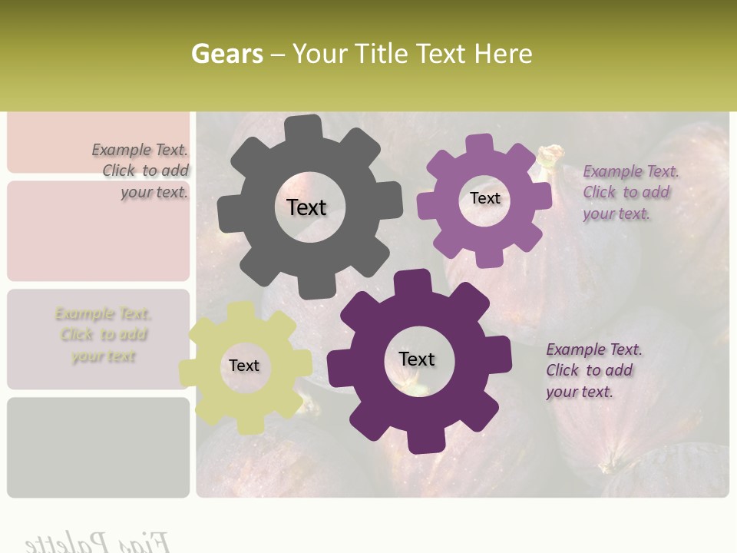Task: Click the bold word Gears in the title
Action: [226, 54]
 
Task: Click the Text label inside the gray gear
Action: [306, 207]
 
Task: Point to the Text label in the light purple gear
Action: [484, 198]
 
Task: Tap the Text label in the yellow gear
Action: [244, 366]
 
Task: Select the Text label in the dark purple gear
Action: [417, 359]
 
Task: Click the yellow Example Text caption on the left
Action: [104, 335]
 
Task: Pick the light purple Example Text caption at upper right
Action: [630, 192]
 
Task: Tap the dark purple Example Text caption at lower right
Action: [593, 370]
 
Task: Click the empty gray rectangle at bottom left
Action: [98, 447]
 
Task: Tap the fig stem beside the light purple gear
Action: [549, 157]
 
